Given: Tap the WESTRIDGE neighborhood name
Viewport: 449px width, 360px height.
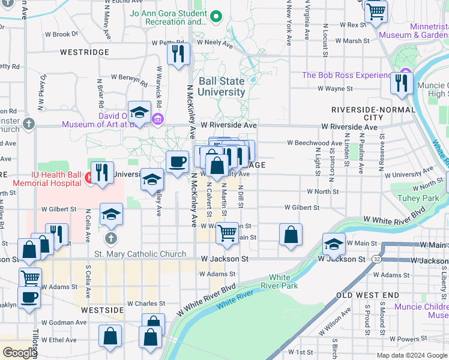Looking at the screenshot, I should (x=85, y=52).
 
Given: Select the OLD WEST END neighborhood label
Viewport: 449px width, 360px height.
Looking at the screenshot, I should (x=367, y=295).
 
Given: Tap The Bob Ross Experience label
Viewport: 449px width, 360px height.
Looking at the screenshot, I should (x=346, y=75).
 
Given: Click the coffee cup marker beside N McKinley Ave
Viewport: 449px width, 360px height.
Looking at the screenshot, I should (x=177, y=162).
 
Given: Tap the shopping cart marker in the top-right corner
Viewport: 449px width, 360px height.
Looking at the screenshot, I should (x=376, y=11).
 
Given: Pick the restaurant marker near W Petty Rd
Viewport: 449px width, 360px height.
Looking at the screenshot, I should (x=178, y=54).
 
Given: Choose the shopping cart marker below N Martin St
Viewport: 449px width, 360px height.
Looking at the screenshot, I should (x=227, y=233).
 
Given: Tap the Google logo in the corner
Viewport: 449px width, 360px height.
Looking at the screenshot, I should (x=19, y=352).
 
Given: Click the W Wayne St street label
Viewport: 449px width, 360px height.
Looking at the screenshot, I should (x=334, y=89).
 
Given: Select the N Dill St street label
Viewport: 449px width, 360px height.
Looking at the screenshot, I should (x=240, y=197).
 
